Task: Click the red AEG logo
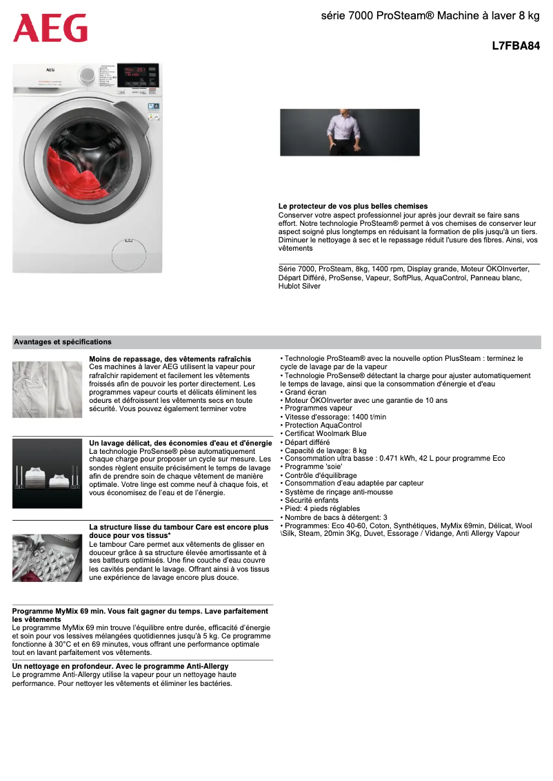(50, 28)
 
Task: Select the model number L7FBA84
(516, 47)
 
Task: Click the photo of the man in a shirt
(350, 132)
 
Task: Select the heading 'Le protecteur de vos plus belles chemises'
(353, 206)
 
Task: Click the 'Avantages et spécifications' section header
(63, 342)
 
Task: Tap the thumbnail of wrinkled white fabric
(47, 389)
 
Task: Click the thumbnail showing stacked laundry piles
(47, 474)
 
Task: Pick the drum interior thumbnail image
(47, 557)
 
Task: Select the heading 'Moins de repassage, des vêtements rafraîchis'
(170, 359)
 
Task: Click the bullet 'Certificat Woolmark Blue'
(325, 433)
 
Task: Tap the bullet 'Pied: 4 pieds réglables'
(321, 508)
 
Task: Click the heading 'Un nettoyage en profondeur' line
(121, 667)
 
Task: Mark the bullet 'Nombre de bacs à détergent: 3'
(334, 517)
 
